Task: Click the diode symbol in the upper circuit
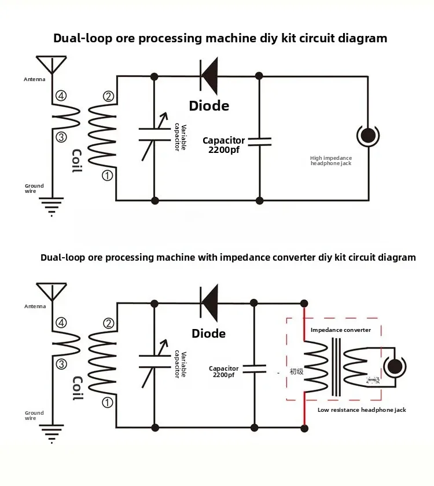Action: click(209, 76)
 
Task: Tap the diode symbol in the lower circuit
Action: click(209, 302)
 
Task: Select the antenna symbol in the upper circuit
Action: click(52, 64)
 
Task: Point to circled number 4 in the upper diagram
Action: click(61, 96)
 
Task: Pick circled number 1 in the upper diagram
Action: click(107, 175)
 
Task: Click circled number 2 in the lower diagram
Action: click(108, 323)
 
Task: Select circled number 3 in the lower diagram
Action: click(61, 364)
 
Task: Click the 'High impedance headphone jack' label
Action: click(331, 160)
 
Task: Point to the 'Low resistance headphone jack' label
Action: click(362, 410)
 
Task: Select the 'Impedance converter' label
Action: click(341, 330)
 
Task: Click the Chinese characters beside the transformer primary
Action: click(296, 371)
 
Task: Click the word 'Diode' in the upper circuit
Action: click(209, 105)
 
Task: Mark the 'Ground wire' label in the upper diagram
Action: click(34, 189)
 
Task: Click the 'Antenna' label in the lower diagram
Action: click(35, 306)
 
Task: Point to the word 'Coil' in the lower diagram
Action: click(77, 388)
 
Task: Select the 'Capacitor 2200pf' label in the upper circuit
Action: click(223, 145)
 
